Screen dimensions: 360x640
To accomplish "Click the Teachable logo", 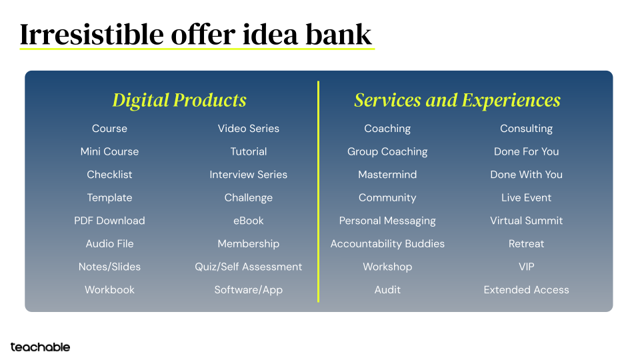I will [40, 347].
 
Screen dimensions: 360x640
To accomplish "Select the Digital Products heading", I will [179, 100].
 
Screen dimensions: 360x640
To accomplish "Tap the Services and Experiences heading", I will [457, 100].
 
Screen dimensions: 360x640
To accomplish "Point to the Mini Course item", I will [109, 151].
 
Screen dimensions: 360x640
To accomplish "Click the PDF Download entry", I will [109, 221].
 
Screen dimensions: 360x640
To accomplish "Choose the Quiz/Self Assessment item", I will [248, 267].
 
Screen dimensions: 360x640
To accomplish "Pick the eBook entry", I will [248, 221].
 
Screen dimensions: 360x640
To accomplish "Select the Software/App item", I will [248, 290].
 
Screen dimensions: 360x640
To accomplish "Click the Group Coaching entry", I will [387, 151].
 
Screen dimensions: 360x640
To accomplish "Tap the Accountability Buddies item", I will [387, 243].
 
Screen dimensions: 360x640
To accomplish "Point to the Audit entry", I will [387, 290].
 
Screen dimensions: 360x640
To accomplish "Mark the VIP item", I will [526, 267].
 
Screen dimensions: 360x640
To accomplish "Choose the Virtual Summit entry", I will [526, 221].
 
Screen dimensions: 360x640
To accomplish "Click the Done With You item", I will [526, 175].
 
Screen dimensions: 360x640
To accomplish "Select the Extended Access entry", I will [526, 290].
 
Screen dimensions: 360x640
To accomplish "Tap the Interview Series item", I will [248, 175].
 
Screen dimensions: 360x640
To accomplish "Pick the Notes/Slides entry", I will [109, 267].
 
